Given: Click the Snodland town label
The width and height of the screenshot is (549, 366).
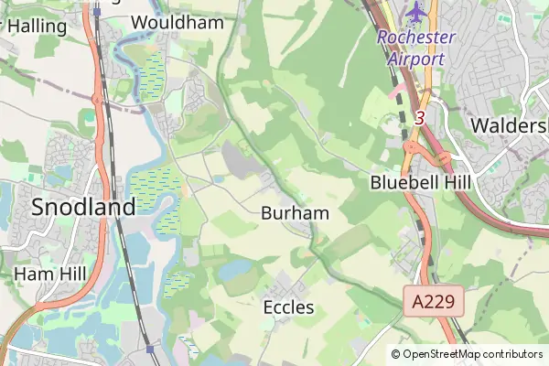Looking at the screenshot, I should [x=83, y=207].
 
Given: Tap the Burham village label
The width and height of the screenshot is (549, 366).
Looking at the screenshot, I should [x=295, y=213].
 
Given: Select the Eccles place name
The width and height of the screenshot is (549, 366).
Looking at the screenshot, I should [x=289, y=307].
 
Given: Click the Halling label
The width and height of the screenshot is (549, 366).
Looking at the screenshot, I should [x=37, y=27].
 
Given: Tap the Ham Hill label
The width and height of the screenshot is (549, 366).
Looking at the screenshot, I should [x=50, y=273].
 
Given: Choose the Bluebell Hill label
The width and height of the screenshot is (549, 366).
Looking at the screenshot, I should [x=421, y=182].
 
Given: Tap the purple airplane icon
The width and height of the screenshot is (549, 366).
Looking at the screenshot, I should [x=417, y=13].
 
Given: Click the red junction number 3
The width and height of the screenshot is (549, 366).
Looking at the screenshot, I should [x=419, y=118].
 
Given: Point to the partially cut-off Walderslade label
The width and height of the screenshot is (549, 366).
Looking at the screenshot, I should [x=509, y=124].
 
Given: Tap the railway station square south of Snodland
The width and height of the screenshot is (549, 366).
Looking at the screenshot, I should [x=149, y=349].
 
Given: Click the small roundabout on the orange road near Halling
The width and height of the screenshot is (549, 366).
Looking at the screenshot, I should [x=95, y=100].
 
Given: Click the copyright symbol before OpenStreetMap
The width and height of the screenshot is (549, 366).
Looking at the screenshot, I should [x=395, y=354].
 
